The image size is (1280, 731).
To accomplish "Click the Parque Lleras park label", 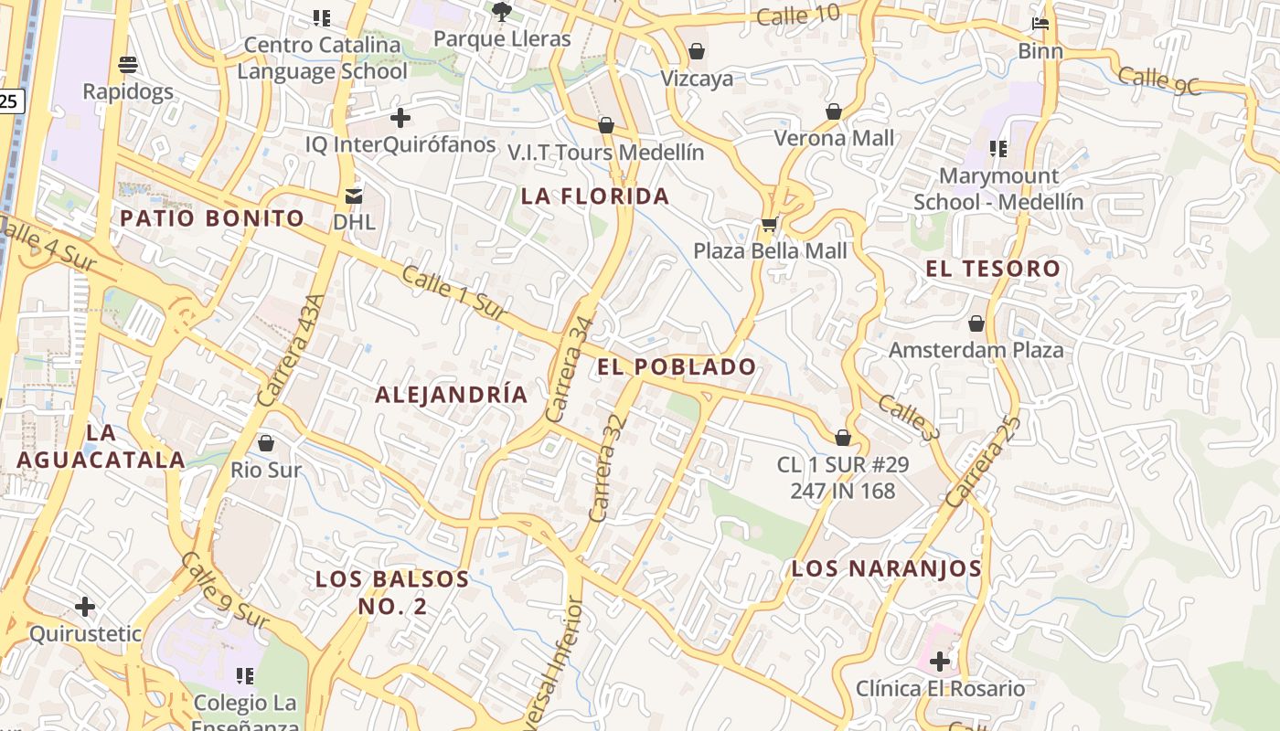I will click(x=502, y=38).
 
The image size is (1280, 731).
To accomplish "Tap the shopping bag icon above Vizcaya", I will click(x=697, y=51).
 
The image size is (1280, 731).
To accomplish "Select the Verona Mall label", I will click(x=834, y=138).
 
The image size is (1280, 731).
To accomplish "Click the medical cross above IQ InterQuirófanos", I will click(x=400, y=118).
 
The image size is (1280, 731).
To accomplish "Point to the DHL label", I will click(x=354, y=221).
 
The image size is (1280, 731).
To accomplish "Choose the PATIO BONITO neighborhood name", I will click(x=212, y=218).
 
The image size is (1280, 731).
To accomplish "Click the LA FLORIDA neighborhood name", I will click(x=595, y=196).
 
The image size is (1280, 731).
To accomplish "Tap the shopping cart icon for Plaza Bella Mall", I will click(x=769, y=225).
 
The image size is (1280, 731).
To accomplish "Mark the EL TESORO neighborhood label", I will click(x=992, y=269).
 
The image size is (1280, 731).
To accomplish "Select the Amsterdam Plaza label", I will click(x=976, y=350).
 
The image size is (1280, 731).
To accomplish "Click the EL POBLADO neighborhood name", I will click(x=677, y=367).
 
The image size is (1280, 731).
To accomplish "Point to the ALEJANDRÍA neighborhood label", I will click(x=452, y=395).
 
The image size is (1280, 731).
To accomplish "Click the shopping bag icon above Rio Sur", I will click(x=266, y=443).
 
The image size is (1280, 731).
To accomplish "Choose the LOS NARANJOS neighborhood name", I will click(x=886, y=568).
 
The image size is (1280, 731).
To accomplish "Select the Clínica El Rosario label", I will click(x=940, y=688).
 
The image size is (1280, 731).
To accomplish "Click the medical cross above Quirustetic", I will click(x=85, y=607).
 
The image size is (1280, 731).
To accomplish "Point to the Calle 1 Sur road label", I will click(x=453, y=292).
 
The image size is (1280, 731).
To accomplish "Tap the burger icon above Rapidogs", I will click(x=128, y=65).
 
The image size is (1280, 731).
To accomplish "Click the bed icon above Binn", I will click(x=1040, y=24).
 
